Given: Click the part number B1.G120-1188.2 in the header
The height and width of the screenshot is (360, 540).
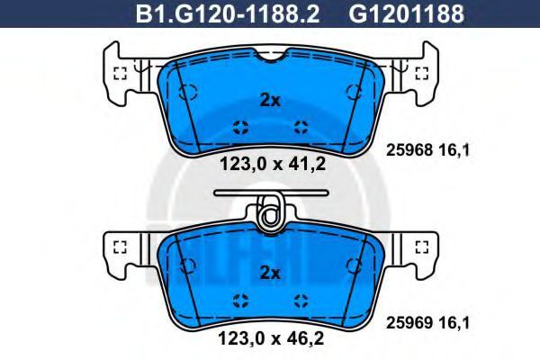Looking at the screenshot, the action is click(228, 13).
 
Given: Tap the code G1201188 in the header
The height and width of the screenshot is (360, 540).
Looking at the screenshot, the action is click(407, 13).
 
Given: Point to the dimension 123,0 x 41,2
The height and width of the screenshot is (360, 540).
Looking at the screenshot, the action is click(273, 164).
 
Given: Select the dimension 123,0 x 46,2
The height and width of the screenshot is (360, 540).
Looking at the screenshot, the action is click(271, 338).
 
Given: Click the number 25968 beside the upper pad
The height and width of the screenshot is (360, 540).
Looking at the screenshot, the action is click(409, 150).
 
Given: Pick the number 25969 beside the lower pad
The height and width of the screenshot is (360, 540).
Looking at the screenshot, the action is click(409, 323).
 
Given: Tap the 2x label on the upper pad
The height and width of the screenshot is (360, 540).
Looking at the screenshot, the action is click(270, 101).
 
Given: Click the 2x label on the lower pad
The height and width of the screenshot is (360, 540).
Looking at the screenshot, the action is click(270, 274).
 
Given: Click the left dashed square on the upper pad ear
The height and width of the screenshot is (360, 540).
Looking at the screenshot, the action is click(120, 73).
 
